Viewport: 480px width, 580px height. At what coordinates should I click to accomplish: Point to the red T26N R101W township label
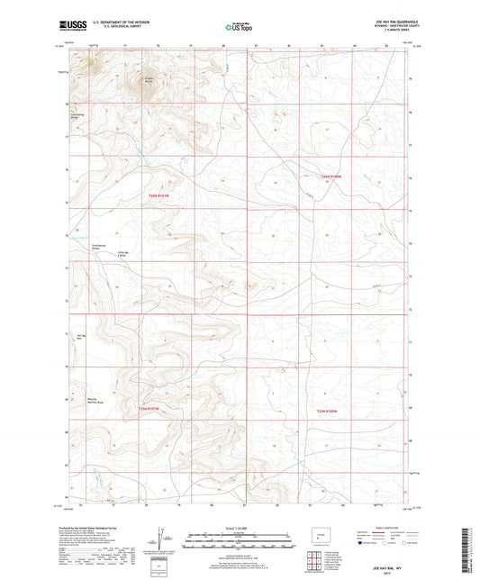[159, 197]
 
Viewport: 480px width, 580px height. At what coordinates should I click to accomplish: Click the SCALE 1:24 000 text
[240, 526]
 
